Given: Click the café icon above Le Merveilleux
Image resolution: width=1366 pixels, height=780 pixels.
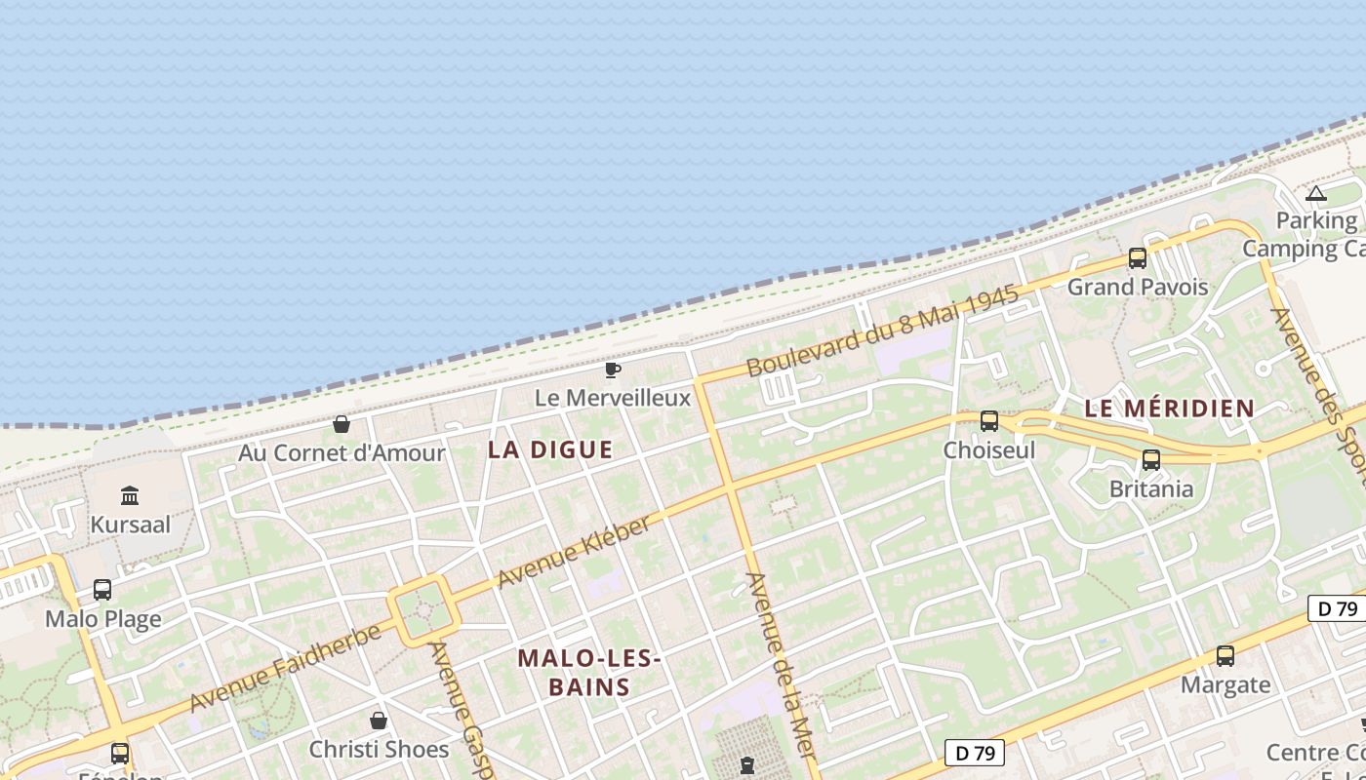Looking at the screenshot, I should [x=613, y=370].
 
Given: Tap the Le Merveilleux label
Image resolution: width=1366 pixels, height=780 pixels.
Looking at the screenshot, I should [x=613, y=398].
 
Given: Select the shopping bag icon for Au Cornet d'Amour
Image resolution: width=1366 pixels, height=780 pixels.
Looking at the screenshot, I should [x=341, y=424].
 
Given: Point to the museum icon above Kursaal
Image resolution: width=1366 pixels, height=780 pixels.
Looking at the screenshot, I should [x=130, y=495].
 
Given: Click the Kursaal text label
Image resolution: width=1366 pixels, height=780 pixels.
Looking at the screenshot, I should [x=130, y=525].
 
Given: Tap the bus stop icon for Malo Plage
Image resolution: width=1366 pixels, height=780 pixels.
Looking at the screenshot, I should [x=102, y=590].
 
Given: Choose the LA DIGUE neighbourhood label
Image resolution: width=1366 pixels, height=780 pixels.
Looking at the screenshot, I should [x=550, y=449].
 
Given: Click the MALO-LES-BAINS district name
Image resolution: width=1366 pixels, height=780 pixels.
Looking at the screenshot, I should [x=589, y=673].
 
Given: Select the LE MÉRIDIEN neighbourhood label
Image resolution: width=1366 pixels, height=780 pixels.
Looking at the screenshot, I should [x=1170, y=409].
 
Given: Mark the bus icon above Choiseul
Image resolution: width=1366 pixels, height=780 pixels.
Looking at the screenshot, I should [x=989, y=421].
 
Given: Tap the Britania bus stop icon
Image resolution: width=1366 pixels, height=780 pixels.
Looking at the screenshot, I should [x=1151, y=460].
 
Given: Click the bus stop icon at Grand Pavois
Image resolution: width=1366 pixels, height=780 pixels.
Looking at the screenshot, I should [x=1138, y=258].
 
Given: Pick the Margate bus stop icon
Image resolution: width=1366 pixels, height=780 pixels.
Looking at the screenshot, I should [x=1225, y=656].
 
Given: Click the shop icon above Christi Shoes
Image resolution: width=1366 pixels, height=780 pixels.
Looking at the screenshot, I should [x=379, y=721].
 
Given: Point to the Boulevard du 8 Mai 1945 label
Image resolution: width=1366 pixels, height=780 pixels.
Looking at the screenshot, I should [x=883, y=331].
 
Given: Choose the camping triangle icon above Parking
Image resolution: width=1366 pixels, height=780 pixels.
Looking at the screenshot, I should [x=1316, y=193].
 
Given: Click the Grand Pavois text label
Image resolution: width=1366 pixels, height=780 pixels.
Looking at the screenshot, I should [x=1138, y=287].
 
